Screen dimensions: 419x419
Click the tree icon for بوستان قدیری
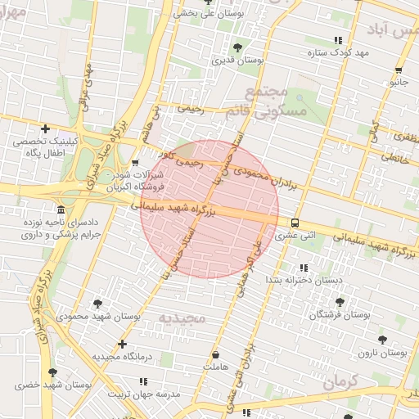tap(237, 47)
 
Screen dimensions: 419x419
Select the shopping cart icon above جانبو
tap(399, 70)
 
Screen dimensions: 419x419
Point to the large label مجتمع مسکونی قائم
tap(286, 101)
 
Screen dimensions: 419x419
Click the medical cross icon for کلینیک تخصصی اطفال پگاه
tap(45, 128)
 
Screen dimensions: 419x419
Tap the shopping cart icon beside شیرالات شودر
tap(135, 163)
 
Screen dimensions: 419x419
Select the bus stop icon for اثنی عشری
tap(295, 223)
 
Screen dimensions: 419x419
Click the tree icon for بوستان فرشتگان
tap(340, 302)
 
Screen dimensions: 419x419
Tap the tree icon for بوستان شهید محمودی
tap(98, 303)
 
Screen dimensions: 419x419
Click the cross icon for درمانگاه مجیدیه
tap(122, 345)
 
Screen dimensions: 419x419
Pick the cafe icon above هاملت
tap(215, 356)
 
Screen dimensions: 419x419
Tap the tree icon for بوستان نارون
tap(382, 340)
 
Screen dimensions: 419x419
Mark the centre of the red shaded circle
tap(209, 209)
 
